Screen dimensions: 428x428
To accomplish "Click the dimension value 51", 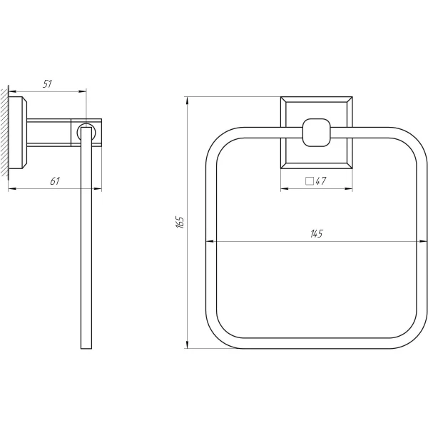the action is (47, 83).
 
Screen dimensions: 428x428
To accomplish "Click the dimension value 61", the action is (55, 181).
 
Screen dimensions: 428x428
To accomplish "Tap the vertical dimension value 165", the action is (180, 222).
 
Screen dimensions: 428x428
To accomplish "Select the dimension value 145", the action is (317, 234).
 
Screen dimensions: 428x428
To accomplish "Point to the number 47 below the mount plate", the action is (321, 181).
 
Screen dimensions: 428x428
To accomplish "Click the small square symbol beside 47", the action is (310, 181).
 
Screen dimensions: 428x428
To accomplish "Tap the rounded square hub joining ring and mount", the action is (316, 133).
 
